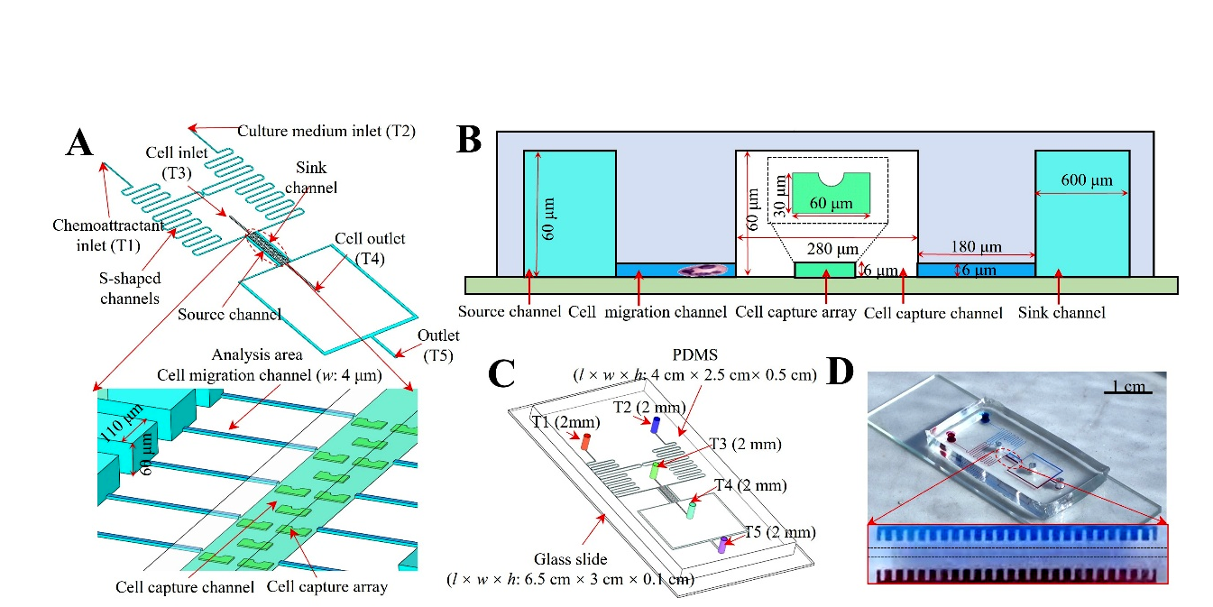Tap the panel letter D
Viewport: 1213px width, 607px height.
(x=839, y=372)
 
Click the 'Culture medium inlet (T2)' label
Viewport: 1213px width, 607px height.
(x=326, y=131)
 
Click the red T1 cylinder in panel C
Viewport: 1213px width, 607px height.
(x=584, y=442)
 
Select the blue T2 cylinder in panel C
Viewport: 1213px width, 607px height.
(x=656, y=424)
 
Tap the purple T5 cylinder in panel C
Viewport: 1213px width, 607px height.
(x=721, y=544)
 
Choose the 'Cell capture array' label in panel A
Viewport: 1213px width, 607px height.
(x=327, y=586)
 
